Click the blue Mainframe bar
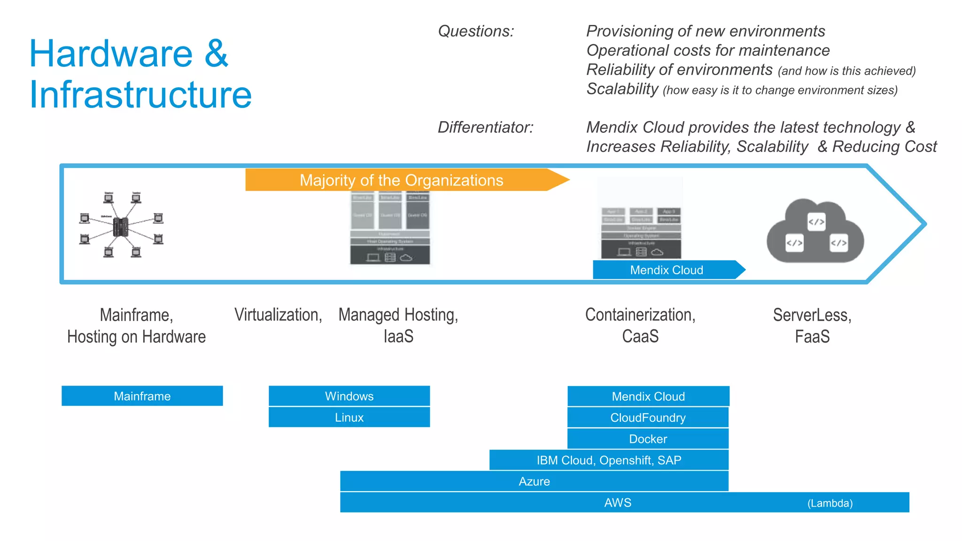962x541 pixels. coord(142,396)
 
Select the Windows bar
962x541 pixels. coord(349,396)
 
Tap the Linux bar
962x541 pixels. coord(349,417)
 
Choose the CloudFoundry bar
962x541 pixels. coord(648,417)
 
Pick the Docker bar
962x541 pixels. coord(648,439)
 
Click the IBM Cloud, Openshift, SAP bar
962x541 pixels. coord(609,460)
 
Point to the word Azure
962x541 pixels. coord(534,481)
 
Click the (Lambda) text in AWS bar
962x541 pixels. coord(830,503)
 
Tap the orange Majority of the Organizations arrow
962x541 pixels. coord(401,180)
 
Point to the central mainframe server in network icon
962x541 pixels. coord(121,227)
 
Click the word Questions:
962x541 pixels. coord(476,31)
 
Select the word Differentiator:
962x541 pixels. coord(485,127)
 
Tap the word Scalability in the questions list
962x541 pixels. coord(622,89)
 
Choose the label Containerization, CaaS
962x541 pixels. coord(640,325)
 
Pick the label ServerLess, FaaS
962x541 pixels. coord(812,325)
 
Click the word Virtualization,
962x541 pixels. coord(278,315)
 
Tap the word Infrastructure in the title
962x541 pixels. coord(140,94)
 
